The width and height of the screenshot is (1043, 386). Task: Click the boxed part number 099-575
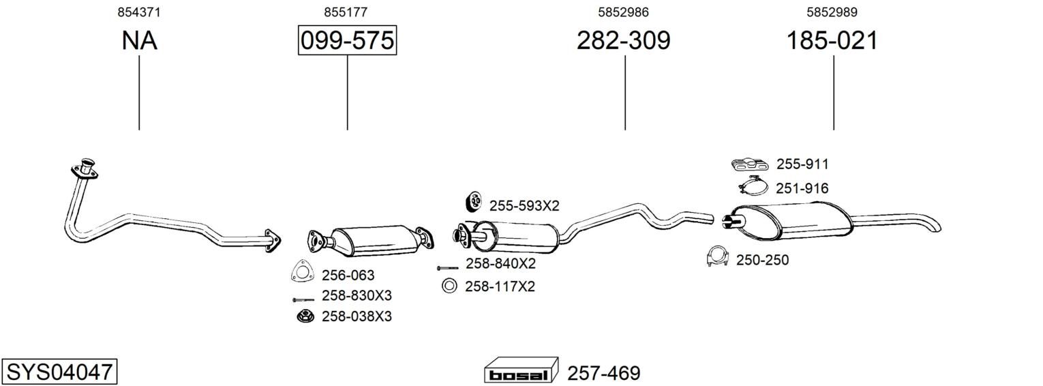348,40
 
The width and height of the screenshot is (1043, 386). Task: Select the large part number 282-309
624,40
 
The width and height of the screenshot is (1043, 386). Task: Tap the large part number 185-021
832,40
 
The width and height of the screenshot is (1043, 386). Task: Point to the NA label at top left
139,40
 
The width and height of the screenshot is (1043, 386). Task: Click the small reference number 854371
139,12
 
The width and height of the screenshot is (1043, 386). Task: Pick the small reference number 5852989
832,12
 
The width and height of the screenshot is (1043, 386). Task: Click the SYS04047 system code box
59,372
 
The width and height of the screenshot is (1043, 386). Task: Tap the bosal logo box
521,370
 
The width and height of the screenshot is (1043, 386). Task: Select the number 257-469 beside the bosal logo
604,373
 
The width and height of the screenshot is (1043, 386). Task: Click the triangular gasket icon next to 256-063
302,271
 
